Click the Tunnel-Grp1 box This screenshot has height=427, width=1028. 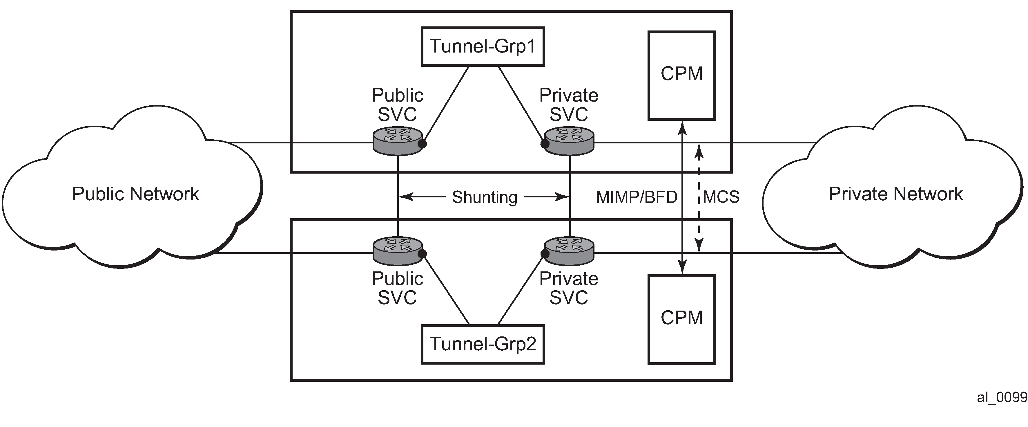(483, 46)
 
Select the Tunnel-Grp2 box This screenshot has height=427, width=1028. (483, 344)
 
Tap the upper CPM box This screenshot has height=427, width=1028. (681, 75)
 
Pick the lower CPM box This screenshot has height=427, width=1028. (681, 319)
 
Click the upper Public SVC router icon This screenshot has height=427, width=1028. (398, 141)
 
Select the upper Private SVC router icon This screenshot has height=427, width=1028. (569, 141)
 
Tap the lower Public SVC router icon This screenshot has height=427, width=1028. (398, 251)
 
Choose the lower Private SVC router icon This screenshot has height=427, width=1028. (569, 251)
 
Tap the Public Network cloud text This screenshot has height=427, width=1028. (135, 194)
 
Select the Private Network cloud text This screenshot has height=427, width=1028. (895, 194)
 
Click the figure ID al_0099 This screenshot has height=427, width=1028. (1002, 397)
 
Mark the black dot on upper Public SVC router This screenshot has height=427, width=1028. (423, 143)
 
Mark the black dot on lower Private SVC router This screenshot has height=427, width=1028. (544, 254)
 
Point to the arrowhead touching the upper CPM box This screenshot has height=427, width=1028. (683, 125)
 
